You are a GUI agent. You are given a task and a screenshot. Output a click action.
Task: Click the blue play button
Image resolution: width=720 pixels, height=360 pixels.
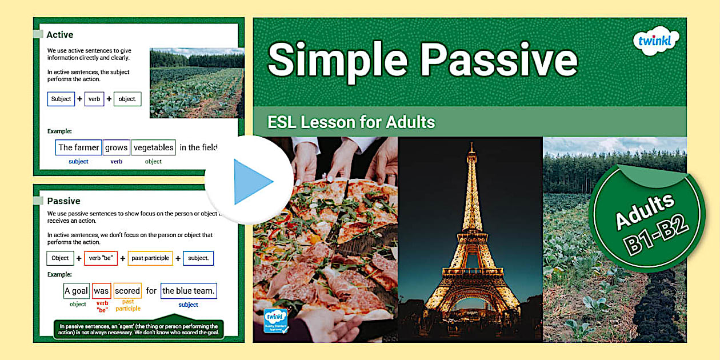pos(249,181)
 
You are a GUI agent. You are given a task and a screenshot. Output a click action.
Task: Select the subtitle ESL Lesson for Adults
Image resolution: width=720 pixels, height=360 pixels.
pos(351,122)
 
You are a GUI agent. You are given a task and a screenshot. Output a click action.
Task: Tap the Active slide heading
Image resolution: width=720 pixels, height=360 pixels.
pos(60,35)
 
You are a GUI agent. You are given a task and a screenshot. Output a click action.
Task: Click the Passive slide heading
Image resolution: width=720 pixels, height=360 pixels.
pos(63,201)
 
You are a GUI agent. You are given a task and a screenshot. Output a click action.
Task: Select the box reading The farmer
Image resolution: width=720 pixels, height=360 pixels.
pos(78,147)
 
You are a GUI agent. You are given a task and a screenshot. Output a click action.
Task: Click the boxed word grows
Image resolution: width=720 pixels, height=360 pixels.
pos(116,147)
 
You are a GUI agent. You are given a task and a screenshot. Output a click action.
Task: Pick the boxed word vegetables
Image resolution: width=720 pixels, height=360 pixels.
pos(153,147)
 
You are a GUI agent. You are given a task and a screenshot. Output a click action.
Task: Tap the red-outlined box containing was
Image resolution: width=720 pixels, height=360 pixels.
pos(101,291)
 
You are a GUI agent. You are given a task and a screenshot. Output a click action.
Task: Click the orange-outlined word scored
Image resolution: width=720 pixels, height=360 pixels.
pos(127,291)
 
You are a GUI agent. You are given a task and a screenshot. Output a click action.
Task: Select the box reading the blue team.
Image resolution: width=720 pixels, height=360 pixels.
pos(189,291)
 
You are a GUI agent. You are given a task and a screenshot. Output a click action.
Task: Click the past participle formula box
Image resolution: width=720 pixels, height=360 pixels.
pos(150,258)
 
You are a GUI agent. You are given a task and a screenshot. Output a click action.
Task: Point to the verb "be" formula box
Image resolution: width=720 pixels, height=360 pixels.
pos(101,258)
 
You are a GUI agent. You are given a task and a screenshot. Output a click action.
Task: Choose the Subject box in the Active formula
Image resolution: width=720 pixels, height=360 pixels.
pos(61,99)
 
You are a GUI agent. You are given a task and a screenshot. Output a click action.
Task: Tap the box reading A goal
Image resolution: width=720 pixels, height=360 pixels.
pos(76,291)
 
